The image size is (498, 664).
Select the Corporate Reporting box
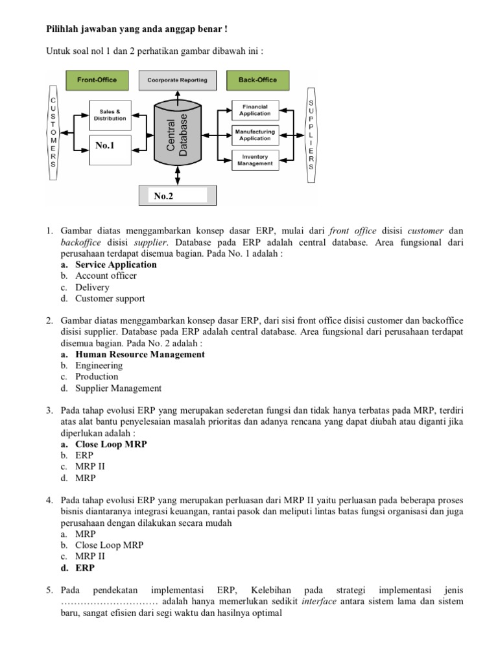pyautogui.click(x=177, y=80)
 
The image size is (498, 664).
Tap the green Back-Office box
pyautogui.click(x=257, y=80)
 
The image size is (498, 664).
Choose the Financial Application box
pyautogui.click(x=255, y=110)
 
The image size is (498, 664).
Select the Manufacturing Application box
pyautogui.click(x=255, y=135)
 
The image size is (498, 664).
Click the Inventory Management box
pyautogui.click(x=255, y=160)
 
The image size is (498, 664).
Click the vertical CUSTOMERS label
pyautogui.click(x=53, y=133)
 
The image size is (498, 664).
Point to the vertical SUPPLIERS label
pyautogui.click(x=311, y=135)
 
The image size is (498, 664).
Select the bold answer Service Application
pyautogui.click(x=116, y=265)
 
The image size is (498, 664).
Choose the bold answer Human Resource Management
pyautogui.click(x=140, y=355)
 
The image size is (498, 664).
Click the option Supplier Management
pyautogui.click(x=119, y=388)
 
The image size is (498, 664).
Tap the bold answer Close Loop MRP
pyautogui.click(x=111, y=445)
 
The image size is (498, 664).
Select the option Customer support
pyautogui.click(x=110, y=299)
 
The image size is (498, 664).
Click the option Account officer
pyautogui.click(x=106, y=276)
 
